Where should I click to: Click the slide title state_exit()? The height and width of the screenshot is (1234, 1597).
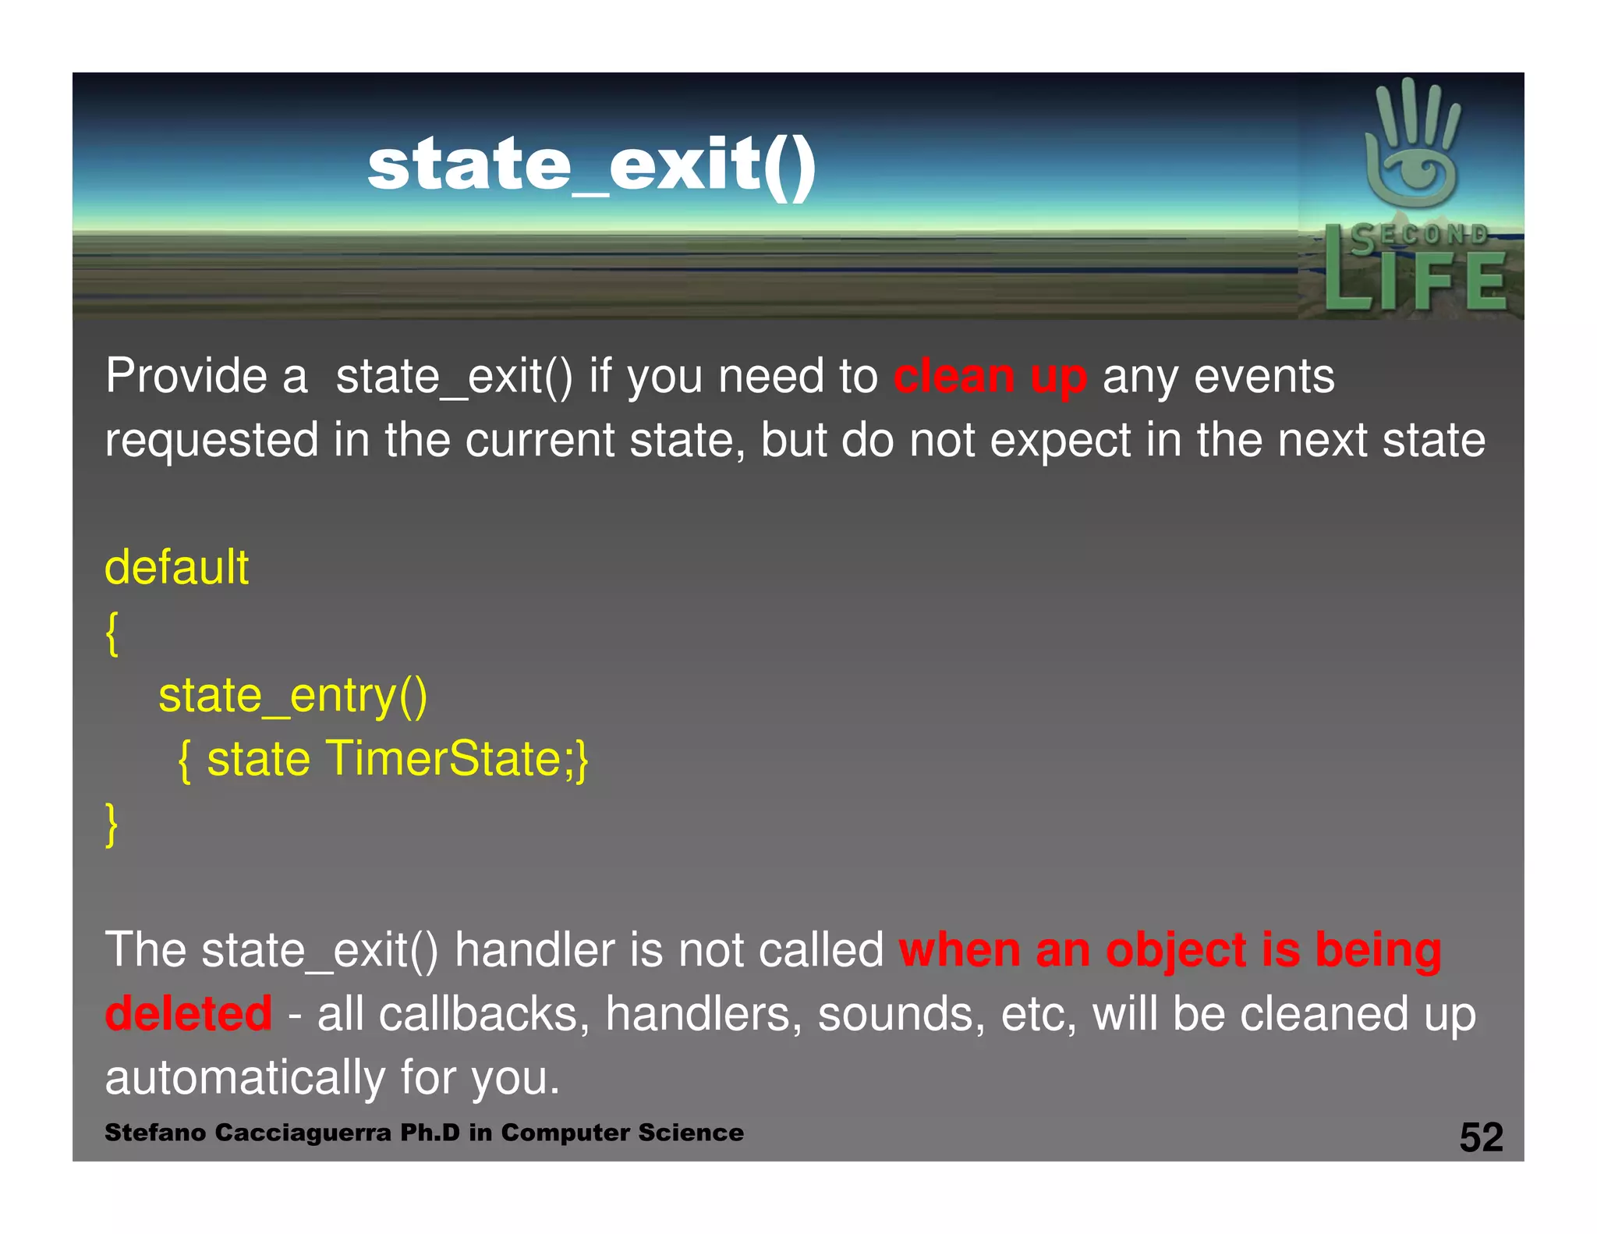click(x=591, y=165)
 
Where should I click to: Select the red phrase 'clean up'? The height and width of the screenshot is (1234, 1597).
click(x=990, y=377)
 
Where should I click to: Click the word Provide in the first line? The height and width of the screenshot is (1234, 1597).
click(x=186, y=376)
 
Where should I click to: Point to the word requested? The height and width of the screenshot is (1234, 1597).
click(x=211, y=441)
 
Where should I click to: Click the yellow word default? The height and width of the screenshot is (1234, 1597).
click(x=176, y=567)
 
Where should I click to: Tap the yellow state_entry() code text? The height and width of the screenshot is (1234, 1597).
click(x=292, y=695)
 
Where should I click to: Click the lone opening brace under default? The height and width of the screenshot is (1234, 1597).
click(x=112, y=633)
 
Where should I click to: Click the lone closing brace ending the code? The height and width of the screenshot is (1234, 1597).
click(x=112, y=824)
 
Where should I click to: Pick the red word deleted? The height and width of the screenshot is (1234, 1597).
click(x=188, y=1013)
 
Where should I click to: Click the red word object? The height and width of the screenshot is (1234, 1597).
click(x=1176, y=951)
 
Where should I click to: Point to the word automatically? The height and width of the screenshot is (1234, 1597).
click(x=245, y=1078)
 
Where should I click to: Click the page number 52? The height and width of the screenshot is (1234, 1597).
click(x=1481, y=1137)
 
